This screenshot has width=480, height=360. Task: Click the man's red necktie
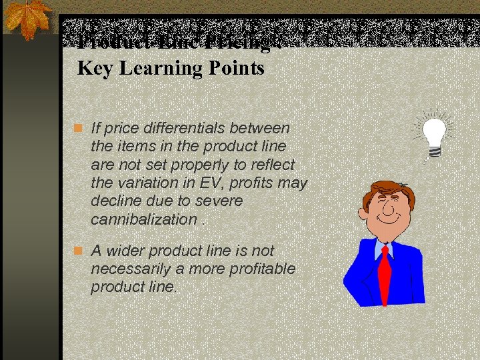[385, 277]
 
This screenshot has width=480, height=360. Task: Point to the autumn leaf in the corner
[28, 18]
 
